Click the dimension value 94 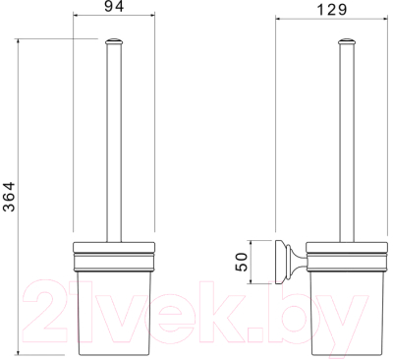click(114, 6)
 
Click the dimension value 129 click(332, 10)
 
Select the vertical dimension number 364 click(9, 197)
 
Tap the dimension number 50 click(242, 262)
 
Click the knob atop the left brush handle click(114, 41)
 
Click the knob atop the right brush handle click(347, 41)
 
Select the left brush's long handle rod click(114, 144)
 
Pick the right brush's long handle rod click(347, 144)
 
